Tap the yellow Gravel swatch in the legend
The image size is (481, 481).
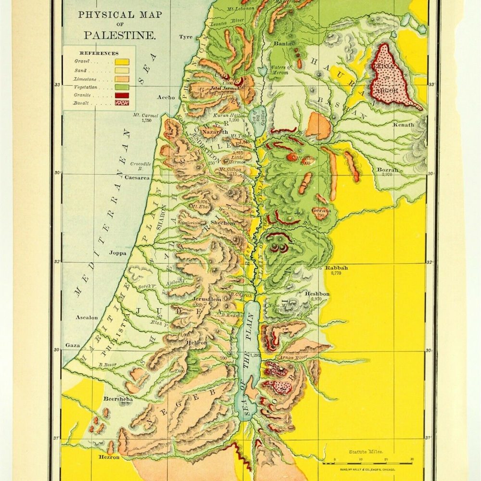click(x=121, y=61)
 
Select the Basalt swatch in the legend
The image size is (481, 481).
click(x=121, y=104)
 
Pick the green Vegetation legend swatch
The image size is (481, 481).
click(x=121, y=87)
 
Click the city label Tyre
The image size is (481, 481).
click(x=186, y=37)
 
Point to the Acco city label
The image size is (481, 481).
click(x=166, y=97)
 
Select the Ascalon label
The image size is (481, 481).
click(x=87, y=317)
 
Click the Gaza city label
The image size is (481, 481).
click(x=73, y=345)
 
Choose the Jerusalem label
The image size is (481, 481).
click(x=207, y=299)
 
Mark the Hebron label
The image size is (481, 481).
click(x=196, y=342)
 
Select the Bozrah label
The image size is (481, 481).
click(x=388, y=170)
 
